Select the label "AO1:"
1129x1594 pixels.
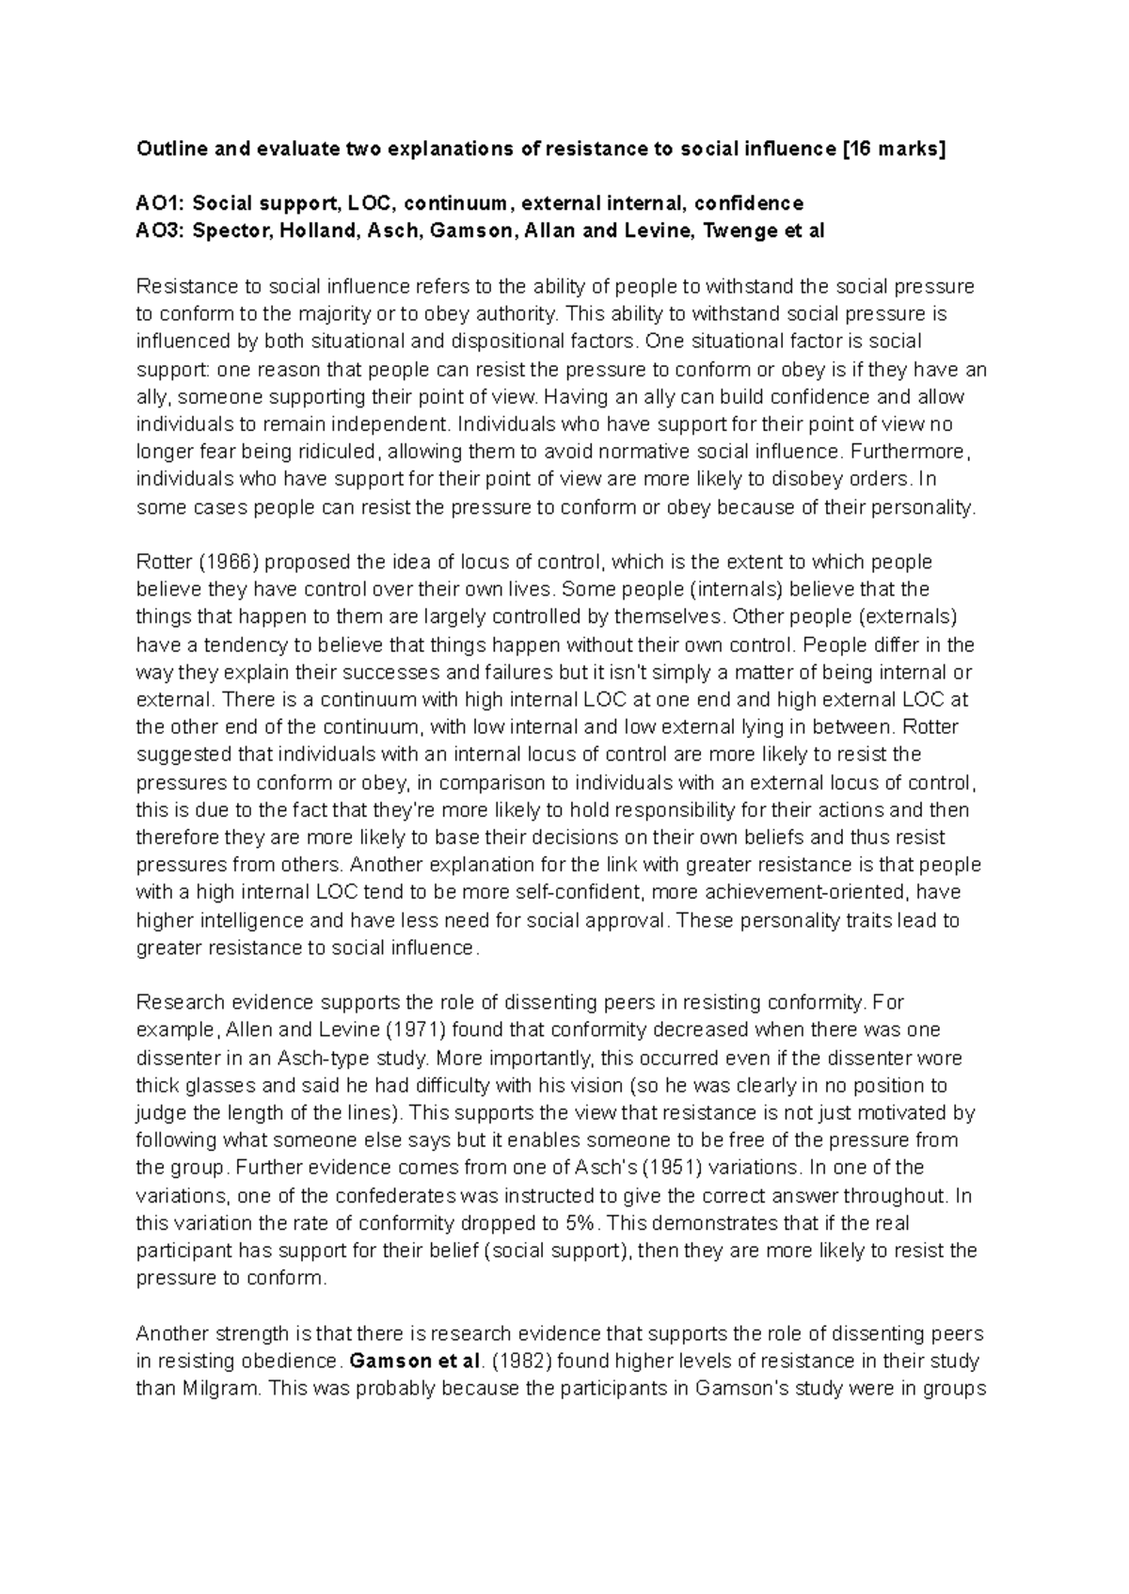click(159, 203)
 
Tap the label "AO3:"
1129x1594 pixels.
click(159, 231)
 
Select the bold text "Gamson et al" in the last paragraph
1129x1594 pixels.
click(415, 1362)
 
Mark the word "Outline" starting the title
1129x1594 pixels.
click(168, 149)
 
